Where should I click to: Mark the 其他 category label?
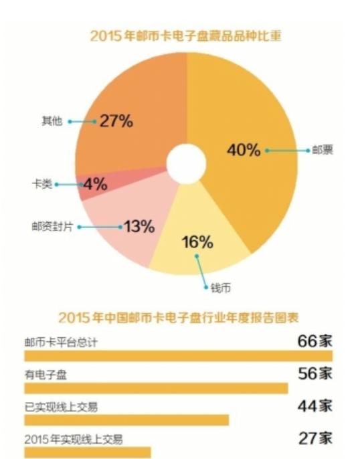tap(52, 121)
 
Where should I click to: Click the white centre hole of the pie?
tap(186, 164)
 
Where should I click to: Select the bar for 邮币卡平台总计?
tap(178, 355)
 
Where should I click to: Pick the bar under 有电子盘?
tap(156, 388)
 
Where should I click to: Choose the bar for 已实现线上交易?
tap(126, 420)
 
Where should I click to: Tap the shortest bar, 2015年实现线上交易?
tap(88, 452)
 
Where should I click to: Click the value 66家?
tap(314, 340)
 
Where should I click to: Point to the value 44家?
tap(314, 405)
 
